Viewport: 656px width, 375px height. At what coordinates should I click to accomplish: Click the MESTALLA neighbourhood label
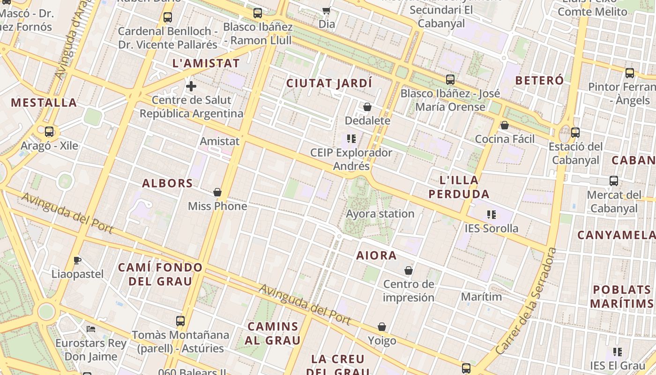pyautogui.click(x=44, y=103)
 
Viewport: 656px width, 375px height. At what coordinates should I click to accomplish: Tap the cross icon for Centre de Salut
pyautogui.click(x=191, y=86)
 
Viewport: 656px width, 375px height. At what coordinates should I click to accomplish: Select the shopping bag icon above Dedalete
pyautogui.click(x=367, y=107)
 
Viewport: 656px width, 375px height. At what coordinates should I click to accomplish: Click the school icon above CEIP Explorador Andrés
pyautogui.click(x=351, y=139)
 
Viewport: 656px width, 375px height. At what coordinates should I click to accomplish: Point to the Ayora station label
pyautogui.click(x=380, y=214)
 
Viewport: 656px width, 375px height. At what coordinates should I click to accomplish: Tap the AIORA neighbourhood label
pyautogui.click(x=377, y=255)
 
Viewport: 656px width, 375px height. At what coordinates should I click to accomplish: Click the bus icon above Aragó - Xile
pyautogui.click(x=49, y=132)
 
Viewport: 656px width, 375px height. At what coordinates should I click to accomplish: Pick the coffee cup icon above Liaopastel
pyautogui.click(x=77, y=260)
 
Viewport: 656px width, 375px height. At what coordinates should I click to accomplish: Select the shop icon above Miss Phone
pyautogui.click(x=217, y=192)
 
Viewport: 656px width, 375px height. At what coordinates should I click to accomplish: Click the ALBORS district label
pyautogui.click(x=167, y=183)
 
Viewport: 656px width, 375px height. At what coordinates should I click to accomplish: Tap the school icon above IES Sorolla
pyautogui.click(x=491, y=215)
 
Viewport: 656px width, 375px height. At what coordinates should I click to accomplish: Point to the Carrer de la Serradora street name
pyautogui.click(x=527, y=301)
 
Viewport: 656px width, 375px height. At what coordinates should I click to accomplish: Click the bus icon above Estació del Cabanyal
pyautogui.click(x=575, y=133)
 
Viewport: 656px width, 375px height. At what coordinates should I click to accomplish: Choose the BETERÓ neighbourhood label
pyautogui.click(x=539, y=81)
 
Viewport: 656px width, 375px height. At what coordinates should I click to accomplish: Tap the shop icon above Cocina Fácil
pyautogui.click(x=505, y=125)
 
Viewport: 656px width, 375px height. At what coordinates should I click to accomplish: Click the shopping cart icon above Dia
pyautogui.click(x=327, y=10)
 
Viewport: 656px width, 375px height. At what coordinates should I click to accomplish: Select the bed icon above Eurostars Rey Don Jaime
pyautogui.click(x=91, y=329)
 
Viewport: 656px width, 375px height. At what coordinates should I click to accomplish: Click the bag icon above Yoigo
pyautogui.click(x=382, y=327)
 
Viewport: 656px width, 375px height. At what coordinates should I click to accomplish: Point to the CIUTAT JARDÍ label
pyautogui.click(x=329, y=83)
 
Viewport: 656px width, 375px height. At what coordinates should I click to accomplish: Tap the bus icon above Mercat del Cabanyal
pyautogui.click(x=614, y=181)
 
